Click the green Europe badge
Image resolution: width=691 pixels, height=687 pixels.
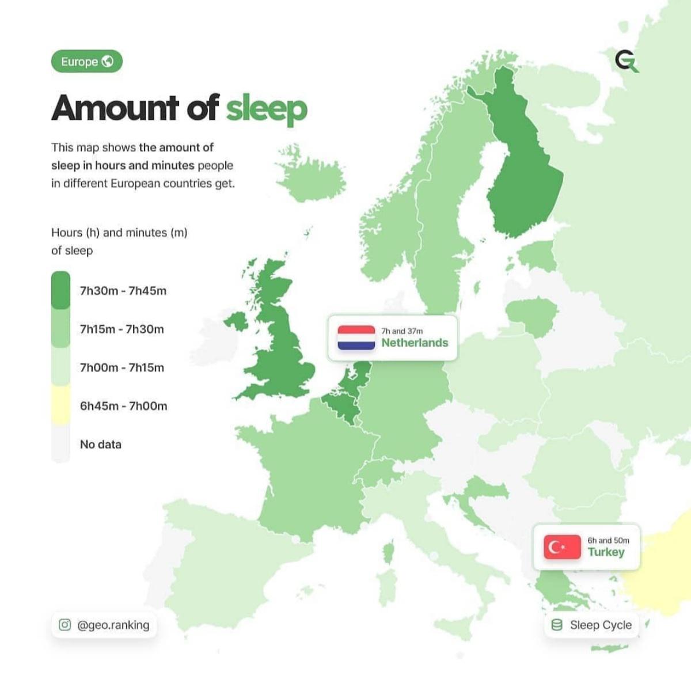[87, 62]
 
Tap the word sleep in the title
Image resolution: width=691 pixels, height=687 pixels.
[266, 108]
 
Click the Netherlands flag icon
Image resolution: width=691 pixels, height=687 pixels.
[356, 338]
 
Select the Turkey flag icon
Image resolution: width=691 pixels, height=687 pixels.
[562, 547]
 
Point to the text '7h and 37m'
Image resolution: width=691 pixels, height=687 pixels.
[402, 331]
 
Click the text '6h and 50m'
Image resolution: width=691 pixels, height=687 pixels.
[608, 540]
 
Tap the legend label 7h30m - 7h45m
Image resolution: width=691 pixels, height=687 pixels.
[123, 291]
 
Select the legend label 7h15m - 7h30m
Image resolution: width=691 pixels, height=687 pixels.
[122, 329]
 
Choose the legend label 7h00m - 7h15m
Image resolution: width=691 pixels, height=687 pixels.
[122, 367]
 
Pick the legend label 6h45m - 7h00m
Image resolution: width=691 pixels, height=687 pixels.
[124, 406]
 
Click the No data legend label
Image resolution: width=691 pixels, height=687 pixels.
[101, 445]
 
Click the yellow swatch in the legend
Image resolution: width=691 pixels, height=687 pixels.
[60, 405]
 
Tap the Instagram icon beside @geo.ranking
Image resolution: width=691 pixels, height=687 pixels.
[65, 625]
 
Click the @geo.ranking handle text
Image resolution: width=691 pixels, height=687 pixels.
[113, 625]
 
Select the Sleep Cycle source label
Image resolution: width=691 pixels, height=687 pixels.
[601, 625]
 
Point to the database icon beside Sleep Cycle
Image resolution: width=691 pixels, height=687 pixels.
[557, 625]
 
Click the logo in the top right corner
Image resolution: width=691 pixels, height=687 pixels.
[627, 61]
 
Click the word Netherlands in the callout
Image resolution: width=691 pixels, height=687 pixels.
[415, 343]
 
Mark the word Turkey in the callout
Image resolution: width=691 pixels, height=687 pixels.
[606, 552]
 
